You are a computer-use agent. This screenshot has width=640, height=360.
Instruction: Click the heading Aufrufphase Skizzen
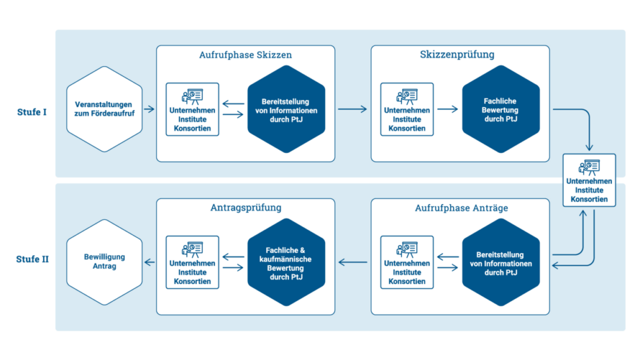coord(245,55)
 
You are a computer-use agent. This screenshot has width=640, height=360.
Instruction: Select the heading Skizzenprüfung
coord(457,55)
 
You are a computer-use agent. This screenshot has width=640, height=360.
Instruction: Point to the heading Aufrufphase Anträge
coord(461,208)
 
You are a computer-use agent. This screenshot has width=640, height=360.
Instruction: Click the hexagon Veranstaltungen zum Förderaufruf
coord(104,109)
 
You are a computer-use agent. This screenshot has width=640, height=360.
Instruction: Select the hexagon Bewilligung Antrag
coord(104,262)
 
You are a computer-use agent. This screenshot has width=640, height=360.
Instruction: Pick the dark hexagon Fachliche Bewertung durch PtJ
coord(500,109)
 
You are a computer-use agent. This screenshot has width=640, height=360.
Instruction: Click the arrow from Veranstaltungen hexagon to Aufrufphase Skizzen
coord(149,109)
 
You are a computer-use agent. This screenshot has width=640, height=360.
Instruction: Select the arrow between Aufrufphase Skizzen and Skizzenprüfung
coord(352,109)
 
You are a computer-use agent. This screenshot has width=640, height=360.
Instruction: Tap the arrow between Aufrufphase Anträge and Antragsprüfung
coord(352,262)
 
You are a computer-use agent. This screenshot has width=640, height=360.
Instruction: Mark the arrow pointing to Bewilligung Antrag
coord(150,262)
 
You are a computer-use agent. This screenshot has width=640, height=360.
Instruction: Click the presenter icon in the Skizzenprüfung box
coord(407,96)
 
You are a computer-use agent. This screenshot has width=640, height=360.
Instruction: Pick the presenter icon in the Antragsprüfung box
coord(192,249)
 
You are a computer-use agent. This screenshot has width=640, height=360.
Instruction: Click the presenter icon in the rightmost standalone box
coord(588,167)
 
